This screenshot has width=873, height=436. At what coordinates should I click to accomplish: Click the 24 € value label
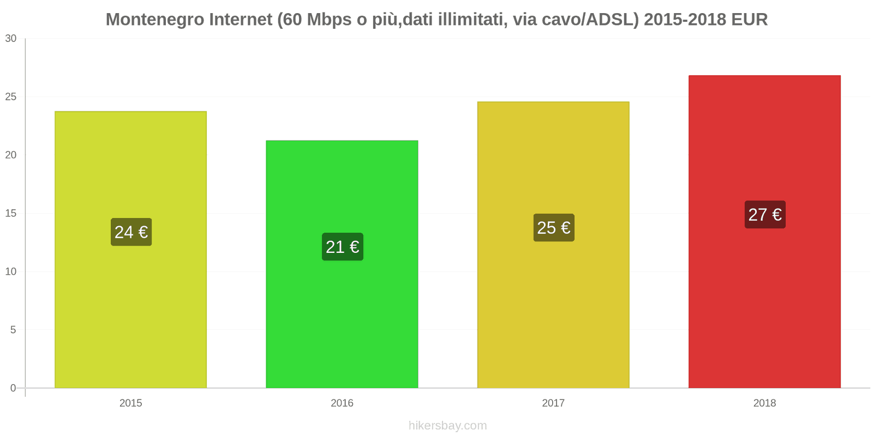[x=131, y=232]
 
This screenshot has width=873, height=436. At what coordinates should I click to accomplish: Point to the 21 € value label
[x=342, y=247]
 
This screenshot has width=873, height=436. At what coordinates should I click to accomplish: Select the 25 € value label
[x=553, y=228]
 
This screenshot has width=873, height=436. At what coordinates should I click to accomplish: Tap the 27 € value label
[x=764, y=215]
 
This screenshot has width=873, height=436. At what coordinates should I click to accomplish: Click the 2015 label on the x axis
[x=131, y=403]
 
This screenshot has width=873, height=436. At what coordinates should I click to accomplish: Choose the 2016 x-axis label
[x=342, y=403]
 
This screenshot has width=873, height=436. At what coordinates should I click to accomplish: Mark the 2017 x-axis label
[x=553, y=403]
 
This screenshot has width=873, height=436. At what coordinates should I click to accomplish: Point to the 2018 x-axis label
[x=764, y=403]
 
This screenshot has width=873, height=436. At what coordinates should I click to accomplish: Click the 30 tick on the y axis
[x=11, y=39]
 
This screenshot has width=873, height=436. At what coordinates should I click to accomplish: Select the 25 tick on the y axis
[x=11, y=97]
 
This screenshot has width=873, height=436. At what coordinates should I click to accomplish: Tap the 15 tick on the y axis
[x=11, y=214]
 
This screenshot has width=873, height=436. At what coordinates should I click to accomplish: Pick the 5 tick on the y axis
[x=13, y=330]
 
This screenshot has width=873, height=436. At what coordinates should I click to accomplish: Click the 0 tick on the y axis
[x=13, y=389]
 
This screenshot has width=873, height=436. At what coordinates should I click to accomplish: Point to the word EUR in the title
[x=749, y=20]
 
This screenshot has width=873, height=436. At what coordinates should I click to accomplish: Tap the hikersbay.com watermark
[x=447, y=426]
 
